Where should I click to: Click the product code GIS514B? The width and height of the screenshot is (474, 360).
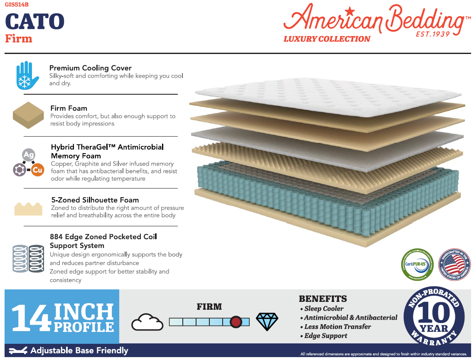coord(17,5)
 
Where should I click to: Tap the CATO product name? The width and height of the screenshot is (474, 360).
coord(35,22)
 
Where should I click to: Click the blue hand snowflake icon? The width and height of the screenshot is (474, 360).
coord(27,76)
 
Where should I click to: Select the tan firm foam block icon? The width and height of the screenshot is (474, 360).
coord(28,115)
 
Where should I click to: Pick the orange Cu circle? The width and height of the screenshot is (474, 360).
coord(37,170)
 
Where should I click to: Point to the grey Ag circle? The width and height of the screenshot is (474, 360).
coord(28,155)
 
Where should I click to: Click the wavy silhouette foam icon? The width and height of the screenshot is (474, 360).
coord(28,208)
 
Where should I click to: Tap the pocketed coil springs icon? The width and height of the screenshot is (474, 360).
coord(28,259)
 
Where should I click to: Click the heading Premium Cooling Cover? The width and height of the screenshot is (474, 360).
coord(90,68)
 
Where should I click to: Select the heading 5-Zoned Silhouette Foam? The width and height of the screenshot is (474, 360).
coord(95,200)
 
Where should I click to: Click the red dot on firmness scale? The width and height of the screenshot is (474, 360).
coord(236,322)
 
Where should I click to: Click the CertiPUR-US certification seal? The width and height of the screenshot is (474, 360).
coord(417,264)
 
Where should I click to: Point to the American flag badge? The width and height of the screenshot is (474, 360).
coord(454,264)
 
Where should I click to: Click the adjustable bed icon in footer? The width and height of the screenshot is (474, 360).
coord(18,350)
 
